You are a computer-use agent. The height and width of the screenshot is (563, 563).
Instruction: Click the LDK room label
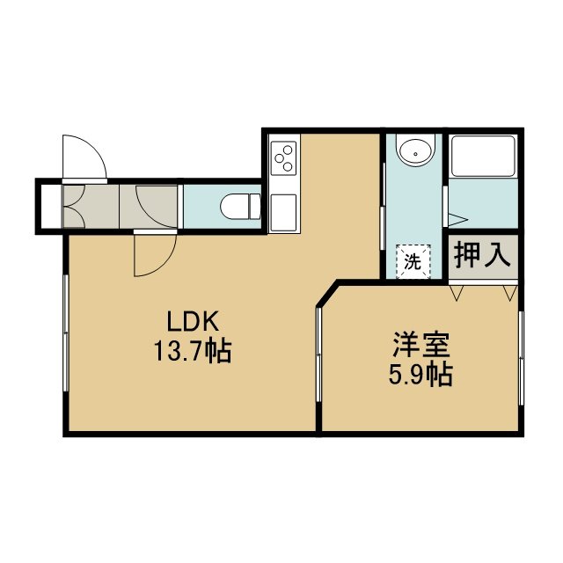pos(193,321)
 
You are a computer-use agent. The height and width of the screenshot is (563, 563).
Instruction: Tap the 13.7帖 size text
pos(193,352)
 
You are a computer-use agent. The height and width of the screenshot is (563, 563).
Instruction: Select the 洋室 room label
pos(420,345)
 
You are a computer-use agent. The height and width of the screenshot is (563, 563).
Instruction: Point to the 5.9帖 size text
pos(420,375)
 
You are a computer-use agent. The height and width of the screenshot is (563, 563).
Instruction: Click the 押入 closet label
pos(482,255)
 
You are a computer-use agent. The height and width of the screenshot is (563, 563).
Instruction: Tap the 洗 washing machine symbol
pos(413,261)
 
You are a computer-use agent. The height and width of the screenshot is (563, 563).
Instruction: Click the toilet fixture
pos(240,207)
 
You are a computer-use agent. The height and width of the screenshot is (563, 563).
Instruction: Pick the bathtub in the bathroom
pos(483,157)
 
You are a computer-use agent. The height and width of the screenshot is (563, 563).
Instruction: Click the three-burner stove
pos(283,158)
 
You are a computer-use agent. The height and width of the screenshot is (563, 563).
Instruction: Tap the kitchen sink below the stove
pos(283,213)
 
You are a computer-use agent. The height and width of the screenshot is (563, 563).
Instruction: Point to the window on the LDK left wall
pos(66,333)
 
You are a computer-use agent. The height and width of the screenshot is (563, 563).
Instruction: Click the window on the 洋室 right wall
pos(521,358)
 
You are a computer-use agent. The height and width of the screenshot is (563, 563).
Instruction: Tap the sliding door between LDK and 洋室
pos(318,354)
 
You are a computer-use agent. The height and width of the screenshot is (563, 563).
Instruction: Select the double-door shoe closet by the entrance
pos(74,207)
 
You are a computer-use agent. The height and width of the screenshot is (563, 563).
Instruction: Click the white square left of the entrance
pos(51,206)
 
